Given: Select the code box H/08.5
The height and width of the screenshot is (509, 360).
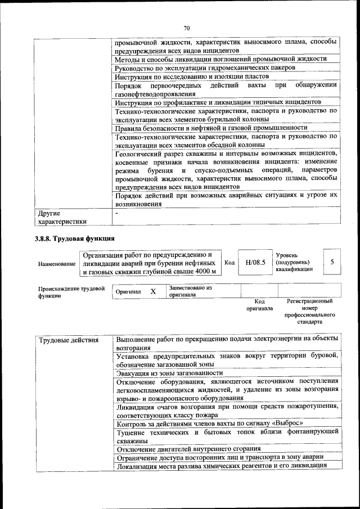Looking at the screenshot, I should pyautogui.click(x=254, y=262).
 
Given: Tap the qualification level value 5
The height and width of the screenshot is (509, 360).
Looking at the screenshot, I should pyautogui.click(x=332, y=262).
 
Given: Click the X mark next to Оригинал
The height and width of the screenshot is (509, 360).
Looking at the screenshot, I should pyautogui.click(x=152, y=292).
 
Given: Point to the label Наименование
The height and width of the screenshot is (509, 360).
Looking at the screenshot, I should pyautogui.click(x=57, y=263).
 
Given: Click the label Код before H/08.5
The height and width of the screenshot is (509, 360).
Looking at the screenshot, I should pyautogui.click(x=229, y=263).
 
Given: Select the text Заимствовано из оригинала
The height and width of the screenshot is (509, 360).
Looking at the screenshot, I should pyautogui.click(x=190, y=291).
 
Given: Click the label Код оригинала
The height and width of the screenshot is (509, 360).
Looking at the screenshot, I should pyautogui.click(x=259, y=305).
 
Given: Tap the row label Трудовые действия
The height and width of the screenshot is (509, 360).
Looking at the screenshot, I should pyautogui.click(x=69, y=340).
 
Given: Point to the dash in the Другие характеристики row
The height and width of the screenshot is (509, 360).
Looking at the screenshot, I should pyautogui.click(x=116, y=214).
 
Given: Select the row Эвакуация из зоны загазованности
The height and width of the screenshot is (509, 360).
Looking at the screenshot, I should pyautogui.click(x=169, y=372).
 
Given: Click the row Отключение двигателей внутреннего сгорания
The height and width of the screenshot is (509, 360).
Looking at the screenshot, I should pyautogui.click(x=188, y=448).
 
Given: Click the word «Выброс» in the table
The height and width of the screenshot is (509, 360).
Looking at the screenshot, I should pyautogui.click(x=289, y=423).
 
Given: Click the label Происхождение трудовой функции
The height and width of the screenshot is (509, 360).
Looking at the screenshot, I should pyautogui.click(x=71, y=292).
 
